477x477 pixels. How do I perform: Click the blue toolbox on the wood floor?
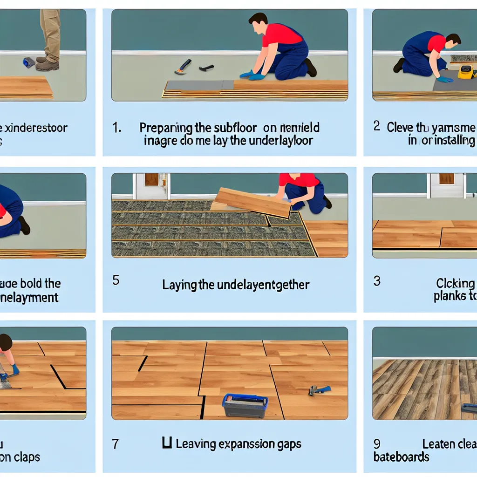pyautogui.click(x=245, y=405)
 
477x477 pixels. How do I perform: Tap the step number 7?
pyautogui.click(x=116, y=444)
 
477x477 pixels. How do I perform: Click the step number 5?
pyautogui.click(x=116, y=280)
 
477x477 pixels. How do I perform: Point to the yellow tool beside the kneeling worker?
pyautogui.click(x=466, y=72)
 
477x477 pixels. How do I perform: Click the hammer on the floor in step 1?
pyautogui.click(x=183, y=66)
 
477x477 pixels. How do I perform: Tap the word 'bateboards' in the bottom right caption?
pyautogui.click(x=401, y=457)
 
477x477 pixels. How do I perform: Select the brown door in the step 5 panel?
pyautogui.click(x=151, y=180)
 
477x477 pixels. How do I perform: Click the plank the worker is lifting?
pyautogui.click(x=252, y=202)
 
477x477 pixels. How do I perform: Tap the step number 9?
pyautogui.click(x=377, y=444)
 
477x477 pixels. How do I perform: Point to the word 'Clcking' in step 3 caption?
pyautogui.click(x=455, y=283)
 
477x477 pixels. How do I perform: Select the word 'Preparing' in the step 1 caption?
pyautogui.click(x=166, y=128)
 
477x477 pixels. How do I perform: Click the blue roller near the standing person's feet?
pyautogui.click(x=29, y=62)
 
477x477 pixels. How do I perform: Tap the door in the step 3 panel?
pyautogui.click(x=446, y=184)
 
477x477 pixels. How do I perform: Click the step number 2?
pyautogui.click(x=377, y=126)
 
